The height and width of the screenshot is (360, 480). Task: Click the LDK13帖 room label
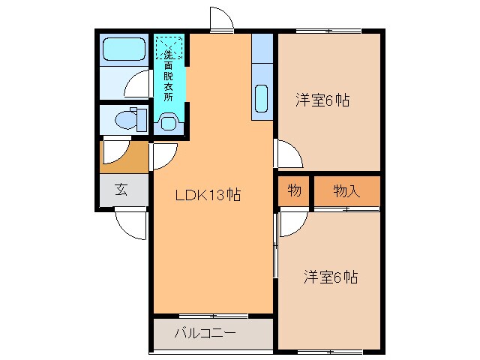point(208,196)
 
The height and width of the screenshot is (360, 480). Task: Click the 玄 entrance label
point(121,189)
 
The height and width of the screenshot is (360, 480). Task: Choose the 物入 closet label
point(346,190)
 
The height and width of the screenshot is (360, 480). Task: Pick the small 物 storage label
point(295,190)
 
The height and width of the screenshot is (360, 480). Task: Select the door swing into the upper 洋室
point(288,154)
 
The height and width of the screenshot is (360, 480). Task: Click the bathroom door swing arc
point(138,85)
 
